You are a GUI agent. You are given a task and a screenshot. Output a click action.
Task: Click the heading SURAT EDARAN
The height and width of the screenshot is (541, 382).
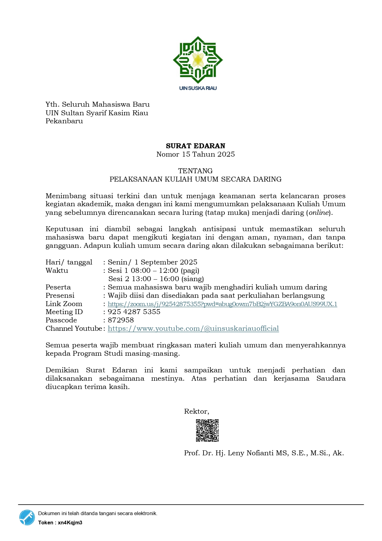point(195,146)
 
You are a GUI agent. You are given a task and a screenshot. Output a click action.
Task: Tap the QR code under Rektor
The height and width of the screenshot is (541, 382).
point(207,430)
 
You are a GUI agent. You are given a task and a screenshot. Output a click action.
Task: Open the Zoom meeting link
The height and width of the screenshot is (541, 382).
point(222,304)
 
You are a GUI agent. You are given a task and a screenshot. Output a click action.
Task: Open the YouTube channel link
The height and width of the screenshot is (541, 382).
point(193,329)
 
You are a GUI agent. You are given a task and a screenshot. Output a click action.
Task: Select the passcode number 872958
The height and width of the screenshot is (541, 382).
point(121,320)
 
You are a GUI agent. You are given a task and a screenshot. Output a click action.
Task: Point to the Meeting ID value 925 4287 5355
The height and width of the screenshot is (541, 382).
point(134,312)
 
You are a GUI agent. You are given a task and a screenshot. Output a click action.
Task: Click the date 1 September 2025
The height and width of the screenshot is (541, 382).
point(166,262)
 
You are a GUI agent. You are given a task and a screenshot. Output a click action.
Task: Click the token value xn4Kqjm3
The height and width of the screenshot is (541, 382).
point(70,523)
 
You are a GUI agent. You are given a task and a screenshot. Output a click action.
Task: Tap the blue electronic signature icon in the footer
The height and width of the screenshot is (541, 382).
point(27,517)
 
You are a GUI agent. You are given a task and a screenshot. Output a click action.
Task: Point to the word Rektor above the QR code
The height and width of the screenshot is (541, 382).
point(196,412)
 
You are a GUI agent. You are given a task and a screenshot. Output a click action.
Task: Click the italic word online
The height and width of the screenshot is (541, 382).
point(319,213)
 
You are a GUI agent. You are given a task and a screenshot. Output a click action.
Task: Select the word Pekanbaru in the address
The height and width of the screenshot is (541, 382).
point(64,121)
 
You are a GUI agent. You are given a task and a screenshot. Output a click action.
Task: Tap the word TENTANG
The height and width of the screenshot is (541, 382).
point(195,171)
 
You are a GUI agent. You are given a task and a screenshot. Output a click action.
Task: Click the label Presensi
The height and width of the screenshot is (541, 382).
point(60,296)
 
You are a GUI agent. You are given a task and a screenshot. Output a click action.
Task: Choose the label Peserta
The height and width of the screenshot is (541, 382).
point(58,287)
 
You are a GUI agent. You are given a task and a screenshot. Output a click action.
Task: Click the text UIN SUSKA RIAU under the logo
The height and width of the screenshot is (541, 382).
point(198,88)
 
